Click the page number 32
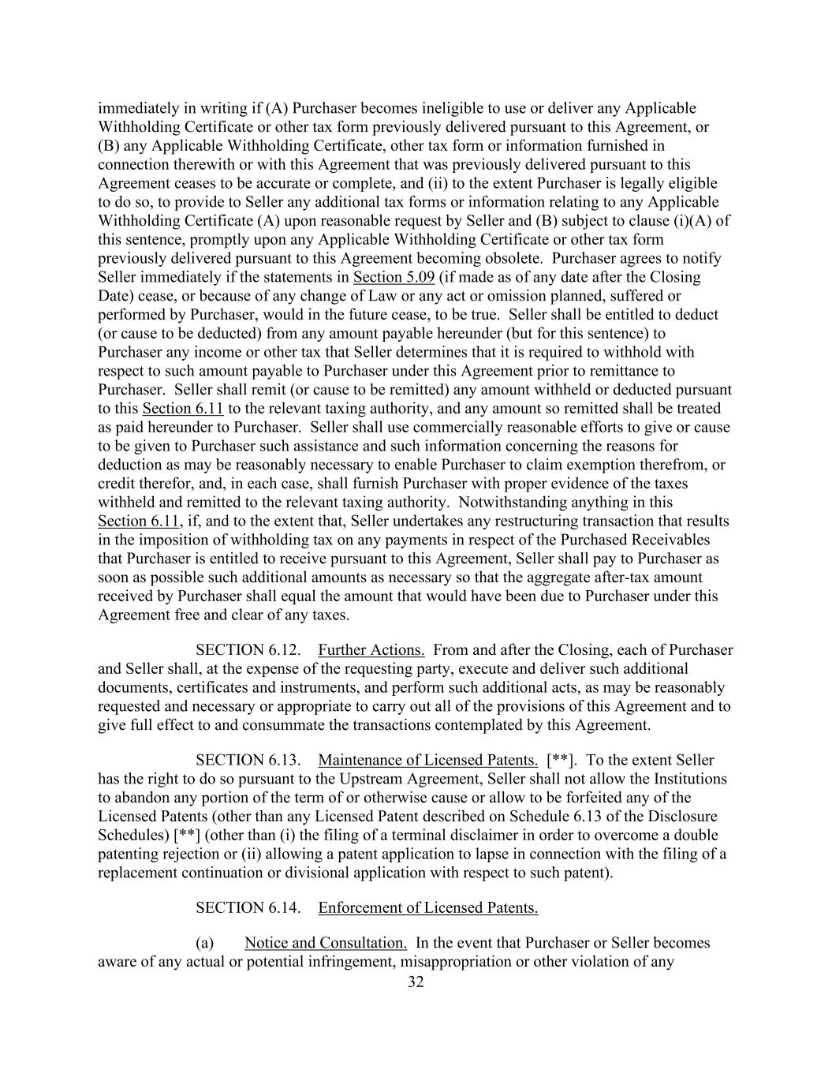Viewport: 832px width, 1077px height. [x=416, y=982]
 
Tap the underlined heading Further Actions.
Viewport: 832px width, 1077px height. [x=371, y=650]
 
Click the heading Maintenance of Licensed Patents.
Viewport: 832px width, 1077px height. [x=428, y=760]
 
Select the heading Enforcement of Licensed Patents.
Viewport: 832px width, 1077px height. [x=428, y=907]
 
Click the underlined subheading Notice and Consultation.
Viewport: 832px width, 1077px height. [x=326, y=943]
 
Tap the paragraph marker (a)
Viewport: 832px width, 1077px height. [x=204, y=943]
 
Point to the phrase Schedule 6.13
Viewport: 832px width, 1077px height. [x=600, y=816]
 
